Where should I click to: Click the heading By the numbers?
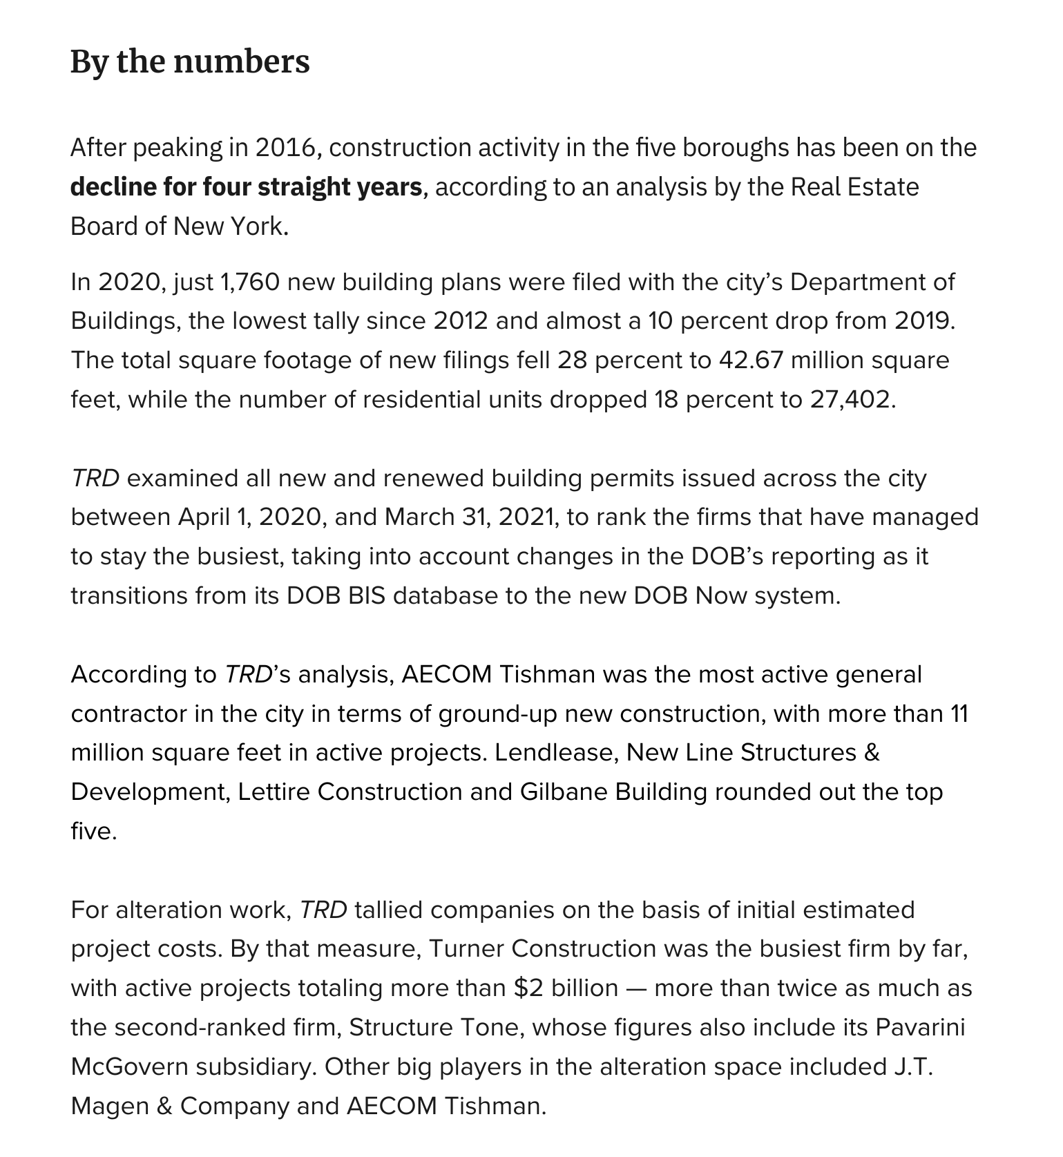(190, 61)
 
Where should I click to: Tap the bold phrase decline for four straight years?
(246, 187)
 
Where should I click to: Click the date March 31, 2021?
(469, 517)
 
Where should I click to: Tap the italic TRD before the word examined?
(95, 478)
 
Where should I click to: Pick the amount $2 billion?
(566, 988)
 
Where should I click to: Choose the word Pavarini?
(920, 1028)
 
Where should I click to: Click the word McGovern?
(129, 1067)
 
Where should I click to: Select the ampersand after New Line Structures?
(872, 753)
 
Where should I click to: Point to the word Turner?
(467, 949)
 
